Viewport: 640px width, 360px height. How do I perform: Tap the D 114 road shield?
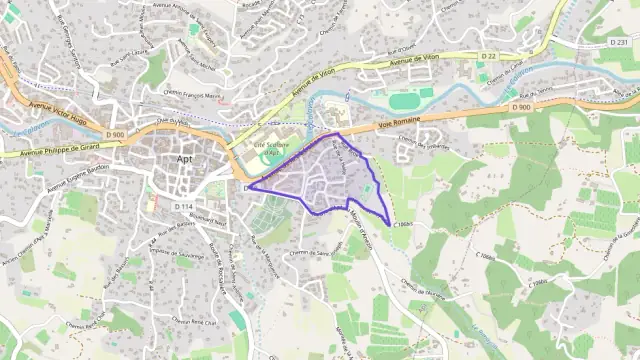[183, 206]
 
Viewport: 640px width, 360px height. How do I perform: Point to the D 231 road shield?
[619, 42]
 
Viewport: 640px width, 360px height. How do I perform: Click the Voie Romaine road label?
[399, 122]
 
